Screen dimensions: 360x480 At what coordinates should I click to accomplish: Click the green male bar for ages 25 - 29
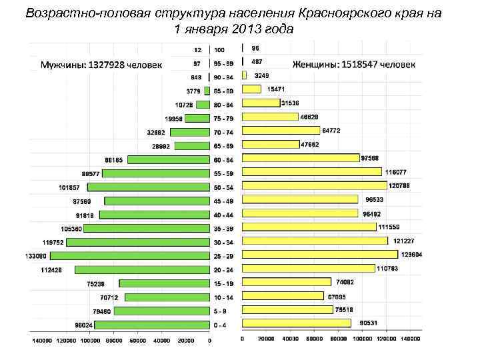[130, 255]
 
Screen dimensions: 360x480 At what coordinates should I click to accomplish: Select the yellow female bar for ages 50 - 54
[314, 186]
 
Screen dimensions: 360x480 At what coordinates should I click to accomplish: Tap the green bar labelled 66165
[169, 159]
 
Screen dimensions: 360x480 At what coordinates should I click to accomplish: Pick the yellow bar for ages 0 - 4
[296, 323]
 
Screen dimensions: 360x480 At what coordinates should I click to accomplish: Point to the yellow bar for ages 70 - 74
[281, 131]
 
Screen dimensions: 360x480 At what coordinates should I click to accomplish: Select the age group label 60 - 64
[223, 159]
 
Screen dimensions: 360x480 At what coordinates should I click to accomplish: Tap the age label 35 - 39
[223, 228]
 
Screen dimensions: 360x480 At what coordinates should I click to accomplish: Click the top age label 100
[219, 50]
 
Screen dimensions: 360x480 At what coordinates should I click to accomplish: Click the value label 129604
[411, 255]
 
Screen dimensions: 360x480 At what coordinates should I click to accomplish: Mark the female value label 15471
[276, 89]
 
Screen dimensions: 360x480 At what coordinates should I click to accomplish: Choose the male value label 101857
[68, 187]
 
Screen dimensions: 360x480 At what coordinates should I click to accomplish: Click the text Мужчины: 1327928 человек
[101, 65]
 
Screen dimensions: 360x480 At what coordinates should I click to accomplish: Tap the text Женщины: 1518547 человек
[354, 65]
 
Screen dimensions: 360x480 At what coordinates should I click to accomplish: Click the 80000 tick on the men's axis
[114, 341]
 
